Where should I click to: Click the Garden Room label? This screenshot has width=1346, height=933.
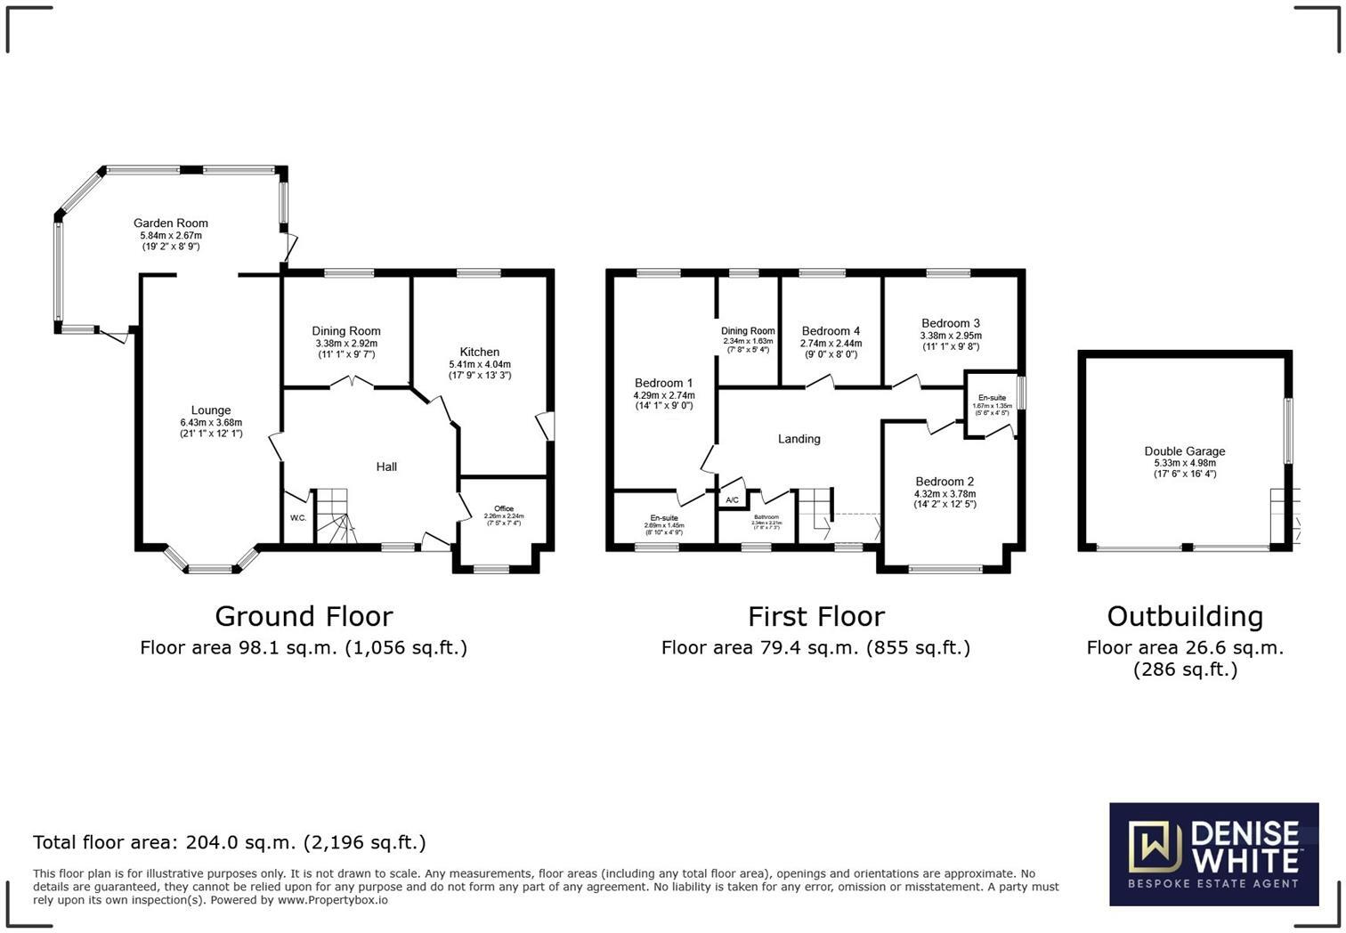coord(171,223)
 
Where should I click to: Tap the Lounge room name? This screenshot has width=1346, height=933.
coord(211,410)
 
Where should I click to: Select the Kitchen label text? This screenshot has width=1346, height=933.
coord(480,352)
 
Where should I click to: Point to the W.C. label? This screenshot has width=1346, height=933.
coord(298,518)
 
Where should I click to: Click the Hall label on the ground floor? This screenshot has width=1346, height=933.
coord(386,466)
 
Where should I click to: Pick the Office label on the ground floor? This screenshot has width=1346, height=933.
coord(504,508)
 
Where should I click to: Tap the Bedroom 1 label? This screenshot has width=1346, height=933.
coord(664,383)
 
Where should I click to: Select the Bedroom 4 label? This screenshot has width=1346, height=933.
coord(831,331)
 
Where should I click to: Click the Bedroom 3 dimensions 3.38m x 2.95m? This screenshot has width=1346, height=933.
coord(951,336)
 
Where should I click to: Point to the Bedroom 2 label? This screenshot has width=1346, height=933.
coord(945,482)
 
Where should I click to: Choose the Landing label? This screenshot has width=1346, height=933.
coord(799,439)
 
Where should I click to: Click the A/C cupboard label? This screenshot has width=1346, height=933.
coord(733,500)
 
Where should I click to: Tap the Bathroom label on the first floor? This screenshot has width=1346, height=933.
coord(766,517)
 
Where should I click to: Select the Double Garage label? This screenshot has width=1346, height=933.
coord(1185,451)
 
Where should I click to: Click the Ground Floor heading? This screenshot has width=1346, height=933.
coord(304,616)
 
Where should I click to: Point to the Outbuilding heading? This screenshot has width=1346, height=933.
coord(1185,616)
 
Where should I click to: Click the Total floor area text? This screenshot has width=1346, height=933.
coord(230,842)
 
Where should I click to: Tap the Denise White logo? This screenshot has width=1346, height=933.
coord(1213,854)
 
